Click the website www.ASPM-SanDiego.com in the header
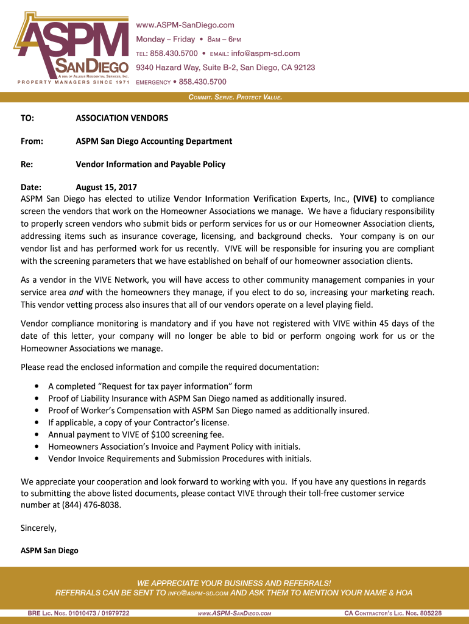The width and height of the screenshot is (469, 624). (185, 25)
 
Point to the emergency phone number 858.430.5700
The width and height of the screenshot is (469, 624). (202, 82)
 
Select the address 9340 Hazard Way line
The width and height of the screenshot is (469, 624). (225, 68)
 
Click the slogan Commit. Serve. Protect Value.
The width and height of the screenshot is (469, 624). (235, 97)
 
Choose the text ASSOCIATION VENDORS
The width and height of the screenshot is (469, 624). (122, 118)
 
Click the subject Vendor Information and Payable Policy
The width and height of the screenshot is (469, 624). (150, 164)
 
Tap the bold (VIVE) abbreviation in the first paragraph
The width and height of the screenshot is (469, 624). (365, 199)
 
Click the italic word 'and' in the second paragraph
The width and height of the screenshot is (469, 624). (76, 292)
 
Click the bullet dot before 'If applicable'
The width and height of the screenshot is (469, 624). (38, 422)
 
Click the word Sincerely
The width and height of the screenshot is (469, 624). (38, 528)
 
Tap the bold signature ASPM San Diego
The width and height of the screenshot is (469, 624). (49, 550)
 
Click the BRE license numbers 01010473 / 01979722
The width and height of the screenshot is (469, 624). (94, 613)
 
